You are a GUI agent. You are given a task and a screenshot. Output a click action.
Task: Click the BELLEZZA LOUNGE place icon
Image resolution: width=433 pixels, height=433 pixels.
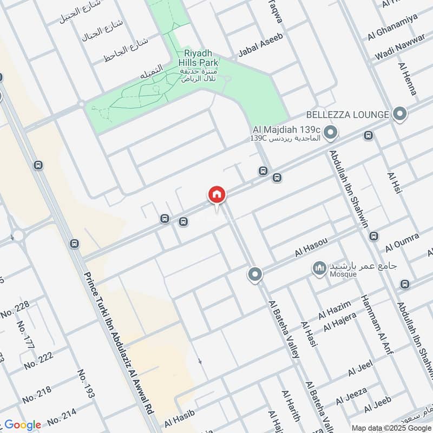[400, 114]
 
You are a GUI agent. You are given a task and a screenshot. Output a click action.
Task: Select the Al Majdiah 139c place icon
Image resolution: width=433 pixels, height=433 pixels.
[331, 131]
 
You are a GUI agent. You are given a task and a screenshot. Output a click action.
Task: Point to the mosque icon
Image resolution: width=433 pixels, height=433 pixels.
[319, 267]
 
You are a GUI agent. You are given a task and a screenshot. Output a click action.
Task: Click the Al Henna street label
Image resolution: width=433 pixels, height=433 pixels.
[407, 79]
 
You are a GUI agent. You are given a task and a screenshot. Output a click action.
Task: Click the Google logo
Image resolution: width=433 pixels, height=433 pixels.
[23, 425]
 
